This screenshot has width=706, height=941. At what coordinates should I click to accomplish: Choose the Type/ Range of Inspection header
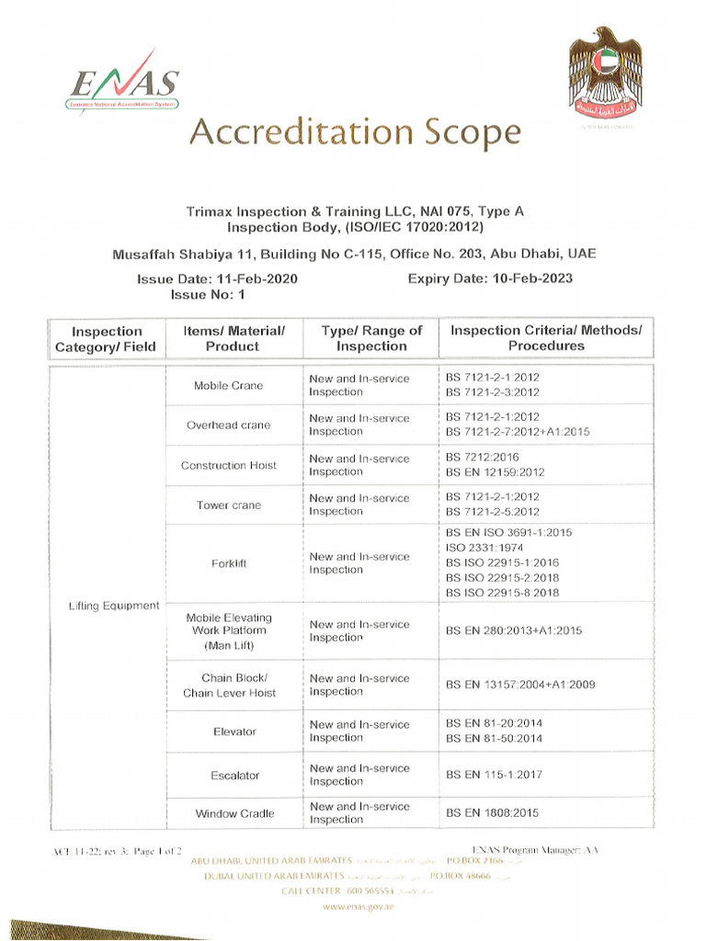371,338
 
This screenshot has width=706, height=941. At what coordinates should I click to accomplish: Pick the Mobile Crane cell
228,385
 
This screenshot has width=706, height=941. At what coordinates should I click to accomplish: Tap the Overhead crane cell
228,425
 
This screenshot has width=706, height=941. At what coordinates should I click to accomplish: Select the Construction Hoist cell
228,465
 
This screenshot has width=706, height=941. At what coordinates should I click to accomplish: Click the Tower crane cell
228,505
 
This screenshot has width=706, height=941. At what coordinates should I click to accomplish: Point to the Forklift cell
228,563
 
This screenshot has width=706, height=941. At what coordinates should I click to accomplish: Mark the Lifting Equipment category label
114,606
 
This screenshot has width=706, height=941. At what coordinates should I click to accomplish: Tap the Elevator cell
234,731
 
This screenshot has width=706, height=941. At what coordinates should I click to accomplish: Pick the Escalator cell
234,775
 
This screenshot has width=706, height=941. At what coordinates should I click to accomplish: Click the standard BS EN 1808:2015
492,813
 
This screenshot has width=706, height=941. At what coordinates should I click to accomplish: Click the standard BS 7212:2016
484,457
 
